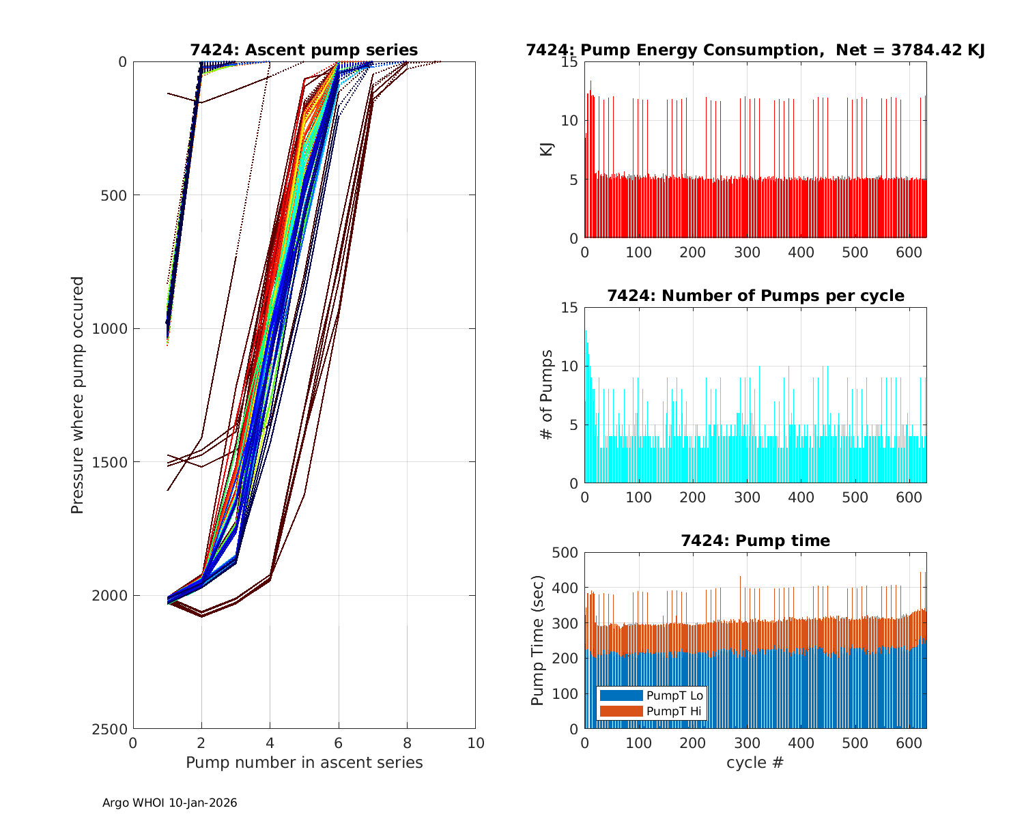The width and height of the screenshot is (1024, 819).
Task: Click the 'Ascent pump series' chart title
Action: click(304, 50)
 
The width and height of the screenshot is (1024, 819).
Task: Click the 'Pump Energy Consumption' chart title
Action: click(755, 50)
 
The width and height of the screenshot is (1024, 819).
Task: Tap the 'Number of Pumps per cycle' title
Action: click(755, 296)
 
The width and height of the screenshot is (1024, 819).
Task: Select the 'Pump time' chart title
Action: click(755, 541)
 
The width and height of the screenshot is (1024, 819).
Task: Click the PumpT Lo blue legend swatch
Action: click(621, 695)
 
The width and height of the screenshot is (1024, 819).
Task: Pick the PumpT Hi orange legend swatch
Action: click(621, 711)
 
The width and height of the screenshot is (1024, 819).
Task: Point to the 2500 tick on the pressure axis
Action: click(113, 729)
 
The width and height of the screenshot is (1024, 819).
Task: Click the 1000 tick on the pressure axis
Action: click(113, 328)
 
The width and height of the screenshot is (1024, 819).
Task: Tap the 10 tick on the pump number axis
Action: click(475, 743)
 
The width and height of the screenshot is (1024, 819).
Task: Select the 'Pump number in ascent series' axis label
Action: click(304, 762)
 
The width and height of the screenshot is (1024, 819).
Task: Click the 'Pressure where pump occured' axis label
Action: click(78, 394)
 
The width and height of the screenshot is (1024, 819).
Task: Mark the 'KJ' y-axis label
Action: click(547, 149)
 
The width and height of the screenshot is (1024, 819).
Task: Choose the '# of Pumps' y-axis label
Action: click(547, 394)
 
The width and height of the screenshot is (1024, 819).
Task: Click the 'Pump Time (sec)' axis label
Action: click(538, 640)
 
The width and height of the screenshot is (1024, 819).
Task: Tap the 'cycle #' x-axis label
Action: click(755, 762)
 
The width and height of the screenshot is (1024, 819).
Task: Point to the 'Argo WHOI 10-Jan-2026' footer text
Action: click(169, 803)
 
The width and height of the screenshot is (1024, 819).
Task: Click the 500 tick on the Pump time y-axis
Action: click(565, 552)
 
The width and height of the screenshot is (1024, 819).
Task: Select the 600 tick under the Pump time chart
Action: click(909, 743)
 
